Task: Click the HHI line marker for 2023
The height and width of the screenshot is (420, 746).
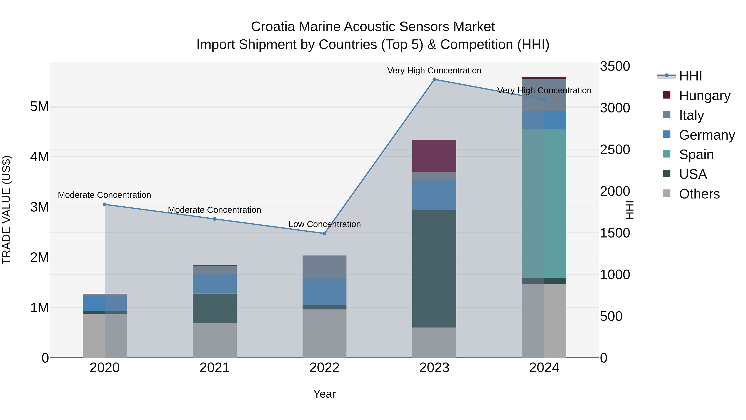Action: (x=434, y=79)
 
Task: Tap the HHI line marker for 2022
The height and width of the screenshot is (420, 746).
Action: (x=324, y=233)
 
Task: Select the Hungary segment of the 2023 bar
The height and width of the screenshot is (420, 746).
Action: (x=434, y=156)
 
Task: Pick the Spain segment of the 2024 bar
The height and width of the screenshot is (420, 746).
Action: (x=544, y=203)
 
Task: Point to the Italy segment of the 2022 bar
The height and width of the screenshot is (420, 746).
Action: (x=324, y=267)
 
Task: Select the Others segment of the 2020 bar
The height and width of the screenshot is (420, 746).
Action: (x=105, y=335)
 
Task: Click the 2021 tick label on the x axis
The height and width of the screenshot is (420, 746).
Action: (x=215, y=368)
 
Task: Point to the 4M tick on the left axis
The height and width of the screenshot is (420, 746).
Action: (x=40, y=157)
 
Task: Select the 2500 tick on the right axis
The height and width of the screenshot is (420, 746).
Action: (x=615, y=150)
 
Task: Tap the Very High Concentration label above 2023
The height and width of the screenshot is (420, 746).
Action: (x=434, y=71)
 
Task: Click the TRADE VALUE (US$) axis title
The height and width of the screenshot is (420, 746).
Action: (x=6, y=210)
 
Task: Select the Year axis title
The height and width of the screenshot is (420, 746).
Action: (x=324, y=394)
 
